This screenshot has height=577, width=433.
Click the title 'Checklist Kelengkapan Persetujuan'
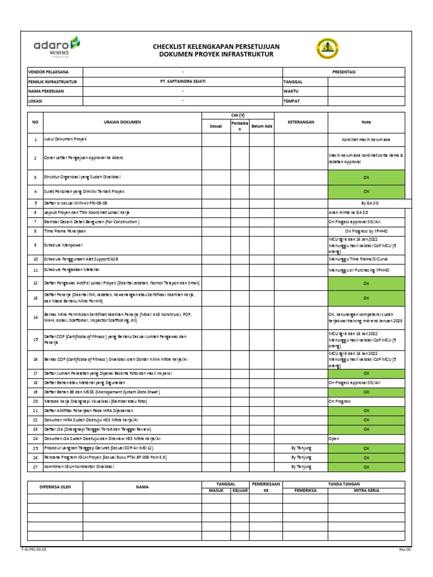[216, 46]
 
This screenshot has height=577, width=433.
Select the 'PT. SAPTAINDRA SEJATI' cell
[183, 82]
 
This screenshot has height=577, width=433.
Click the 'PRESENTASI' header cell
[343, 72]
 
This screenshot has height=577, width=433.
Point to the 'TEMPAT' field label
[292, 101]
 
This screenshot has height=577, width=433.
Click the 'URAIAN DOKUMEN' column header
[122, 122]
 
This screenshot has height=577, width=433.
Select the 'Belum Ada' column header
[262, 126]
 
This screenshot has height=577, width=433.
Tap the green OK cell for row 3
[366, 177]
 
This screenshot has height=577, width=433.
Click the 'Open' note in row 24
[333, 438]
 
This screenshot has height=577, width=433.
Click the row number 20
[35, 401]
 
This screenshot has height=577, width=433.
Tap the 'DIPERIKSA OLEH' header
[54, 487]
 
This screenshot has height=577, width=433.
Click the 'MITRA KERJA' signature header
[366, 491]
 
